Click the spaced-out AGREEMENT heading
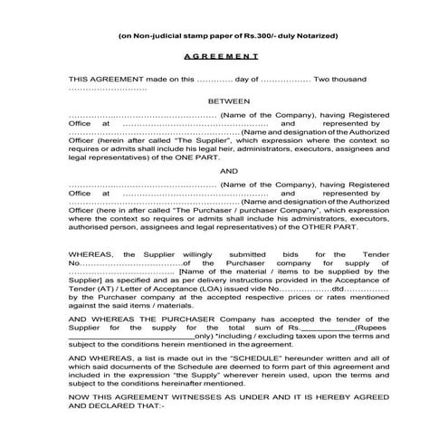223,56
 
